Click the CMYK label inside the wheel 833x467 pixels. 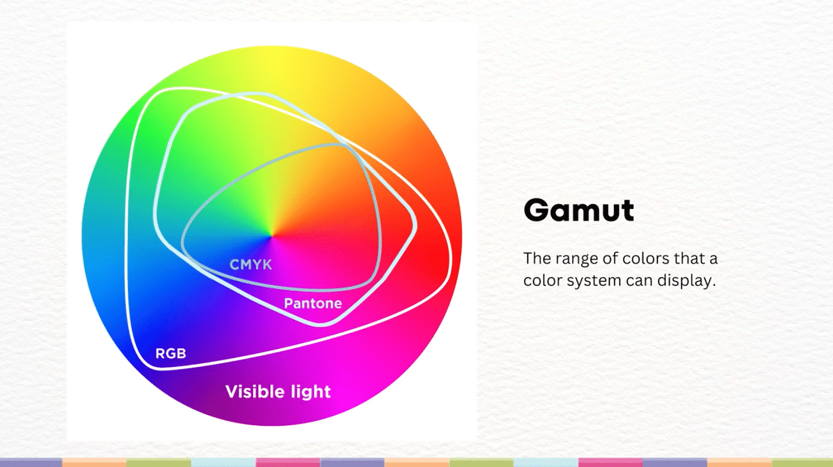[251, 264]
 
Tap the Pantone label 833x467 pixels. [313, 303]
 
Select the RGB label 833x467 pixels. [170, 353]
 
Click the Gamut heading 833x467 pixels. [578, 211]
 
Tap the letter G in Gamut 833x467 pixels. [537, 211]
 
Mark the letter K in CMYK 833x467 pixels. [267, 264]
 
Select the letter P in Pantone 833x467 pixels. [288, 303]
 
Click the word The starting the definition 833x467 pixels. [537, 259]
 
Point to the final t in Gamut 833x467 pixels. [628, 211]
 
